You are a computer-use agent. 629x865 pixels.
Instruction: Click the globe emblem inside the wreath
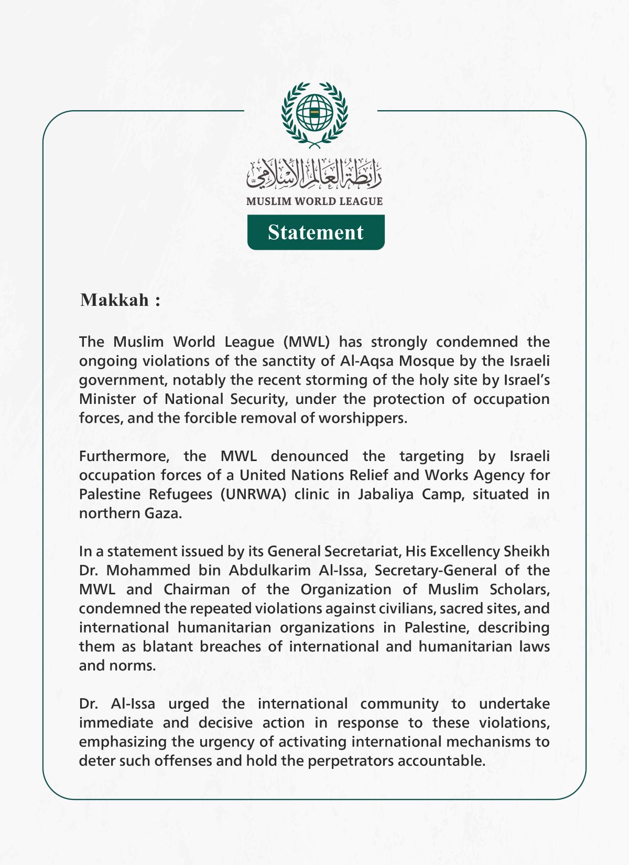314,113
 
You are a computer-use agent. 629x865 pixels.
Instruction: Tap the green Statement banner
316,232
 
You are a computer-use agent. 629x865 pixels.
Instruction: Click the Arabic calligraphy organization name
314,174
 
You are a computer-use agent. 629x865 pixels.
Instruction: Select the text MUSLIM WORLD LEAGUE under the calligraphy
314,201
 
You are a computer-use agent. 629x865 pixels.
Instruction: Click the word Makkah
115,300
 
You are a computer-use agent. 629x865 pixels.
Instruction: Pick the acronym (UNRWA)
253,494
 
